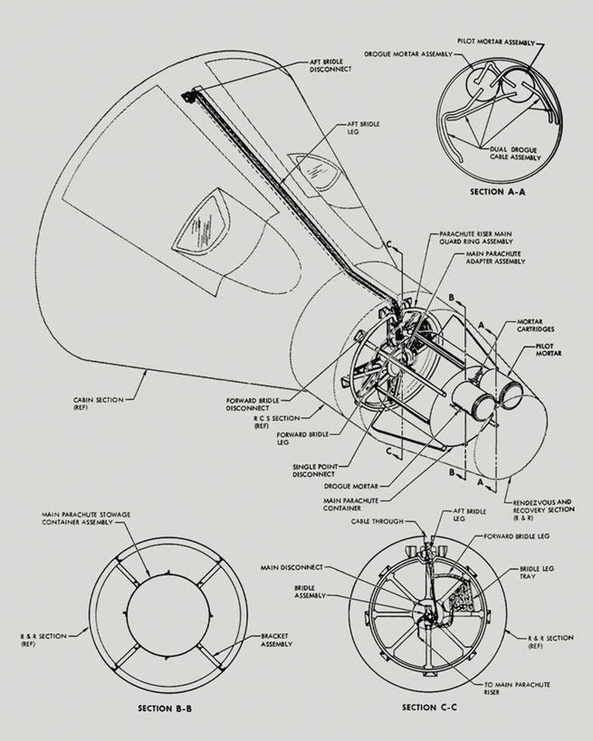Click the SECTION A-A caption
click(x=498, y=192)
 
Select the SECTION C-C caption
click(x=428, y=707)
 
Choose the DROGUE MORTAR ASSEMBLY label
click(x=408, y=53)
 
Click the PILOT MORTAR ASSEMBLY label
click(x=493, y=42)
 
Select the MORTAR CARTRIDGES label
click(x=536, y=325)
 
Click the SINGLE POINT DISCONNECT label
click(x=314, y=470)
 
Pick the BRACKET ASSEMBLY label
click(x=277, y=639)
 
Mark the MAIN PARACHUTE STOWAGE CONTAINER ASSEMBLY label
click(x=85, y=519)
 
